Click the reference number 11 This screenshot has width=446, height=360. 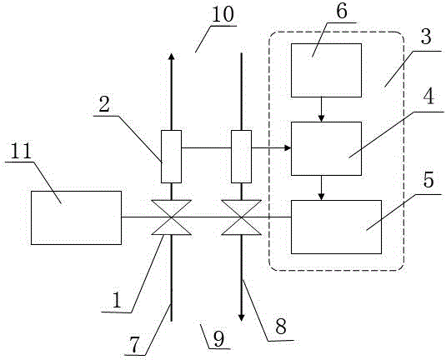click(21, 151)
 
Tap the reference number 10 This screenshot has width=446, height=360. click(223, 14)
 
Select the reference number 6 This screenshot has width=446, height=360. click(342, 12)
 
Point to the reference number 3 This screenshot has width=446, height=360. click(426, 37)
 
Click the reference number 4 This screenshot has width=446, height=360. click(428, 97)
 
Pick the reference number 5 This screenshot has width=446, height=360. click(429, 179)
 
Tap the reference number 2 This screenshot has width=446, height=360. click(104, 104)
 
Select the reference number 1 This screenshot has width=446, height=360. click(117, 301)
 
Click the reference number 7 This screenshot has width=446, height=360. click(134, 345)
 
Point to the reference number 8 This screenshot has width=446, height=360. click(281, 327)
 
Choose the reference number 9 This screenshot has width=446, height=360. click(218, 338)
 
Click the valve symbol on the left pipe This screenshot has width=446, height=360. click(171, 217)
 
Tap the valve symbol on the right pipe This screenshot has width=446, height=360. click(241, 217)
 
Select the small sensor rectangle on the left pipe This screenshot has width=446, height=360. click(171, 157)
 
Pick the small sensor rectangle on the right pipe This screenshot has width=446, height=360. click(241, 157)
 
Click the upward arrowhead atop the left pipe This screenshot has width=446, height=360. click(171, 56)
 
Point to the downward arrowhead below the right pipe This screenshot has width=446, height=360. click(241, 317)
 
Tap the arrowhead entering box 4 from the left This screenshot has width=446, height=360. click(288, 147)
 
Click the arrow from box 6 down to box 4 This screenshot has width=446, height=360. click(322, 109)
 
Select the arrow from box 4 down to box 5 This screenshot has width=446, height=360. click(322, 187)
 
